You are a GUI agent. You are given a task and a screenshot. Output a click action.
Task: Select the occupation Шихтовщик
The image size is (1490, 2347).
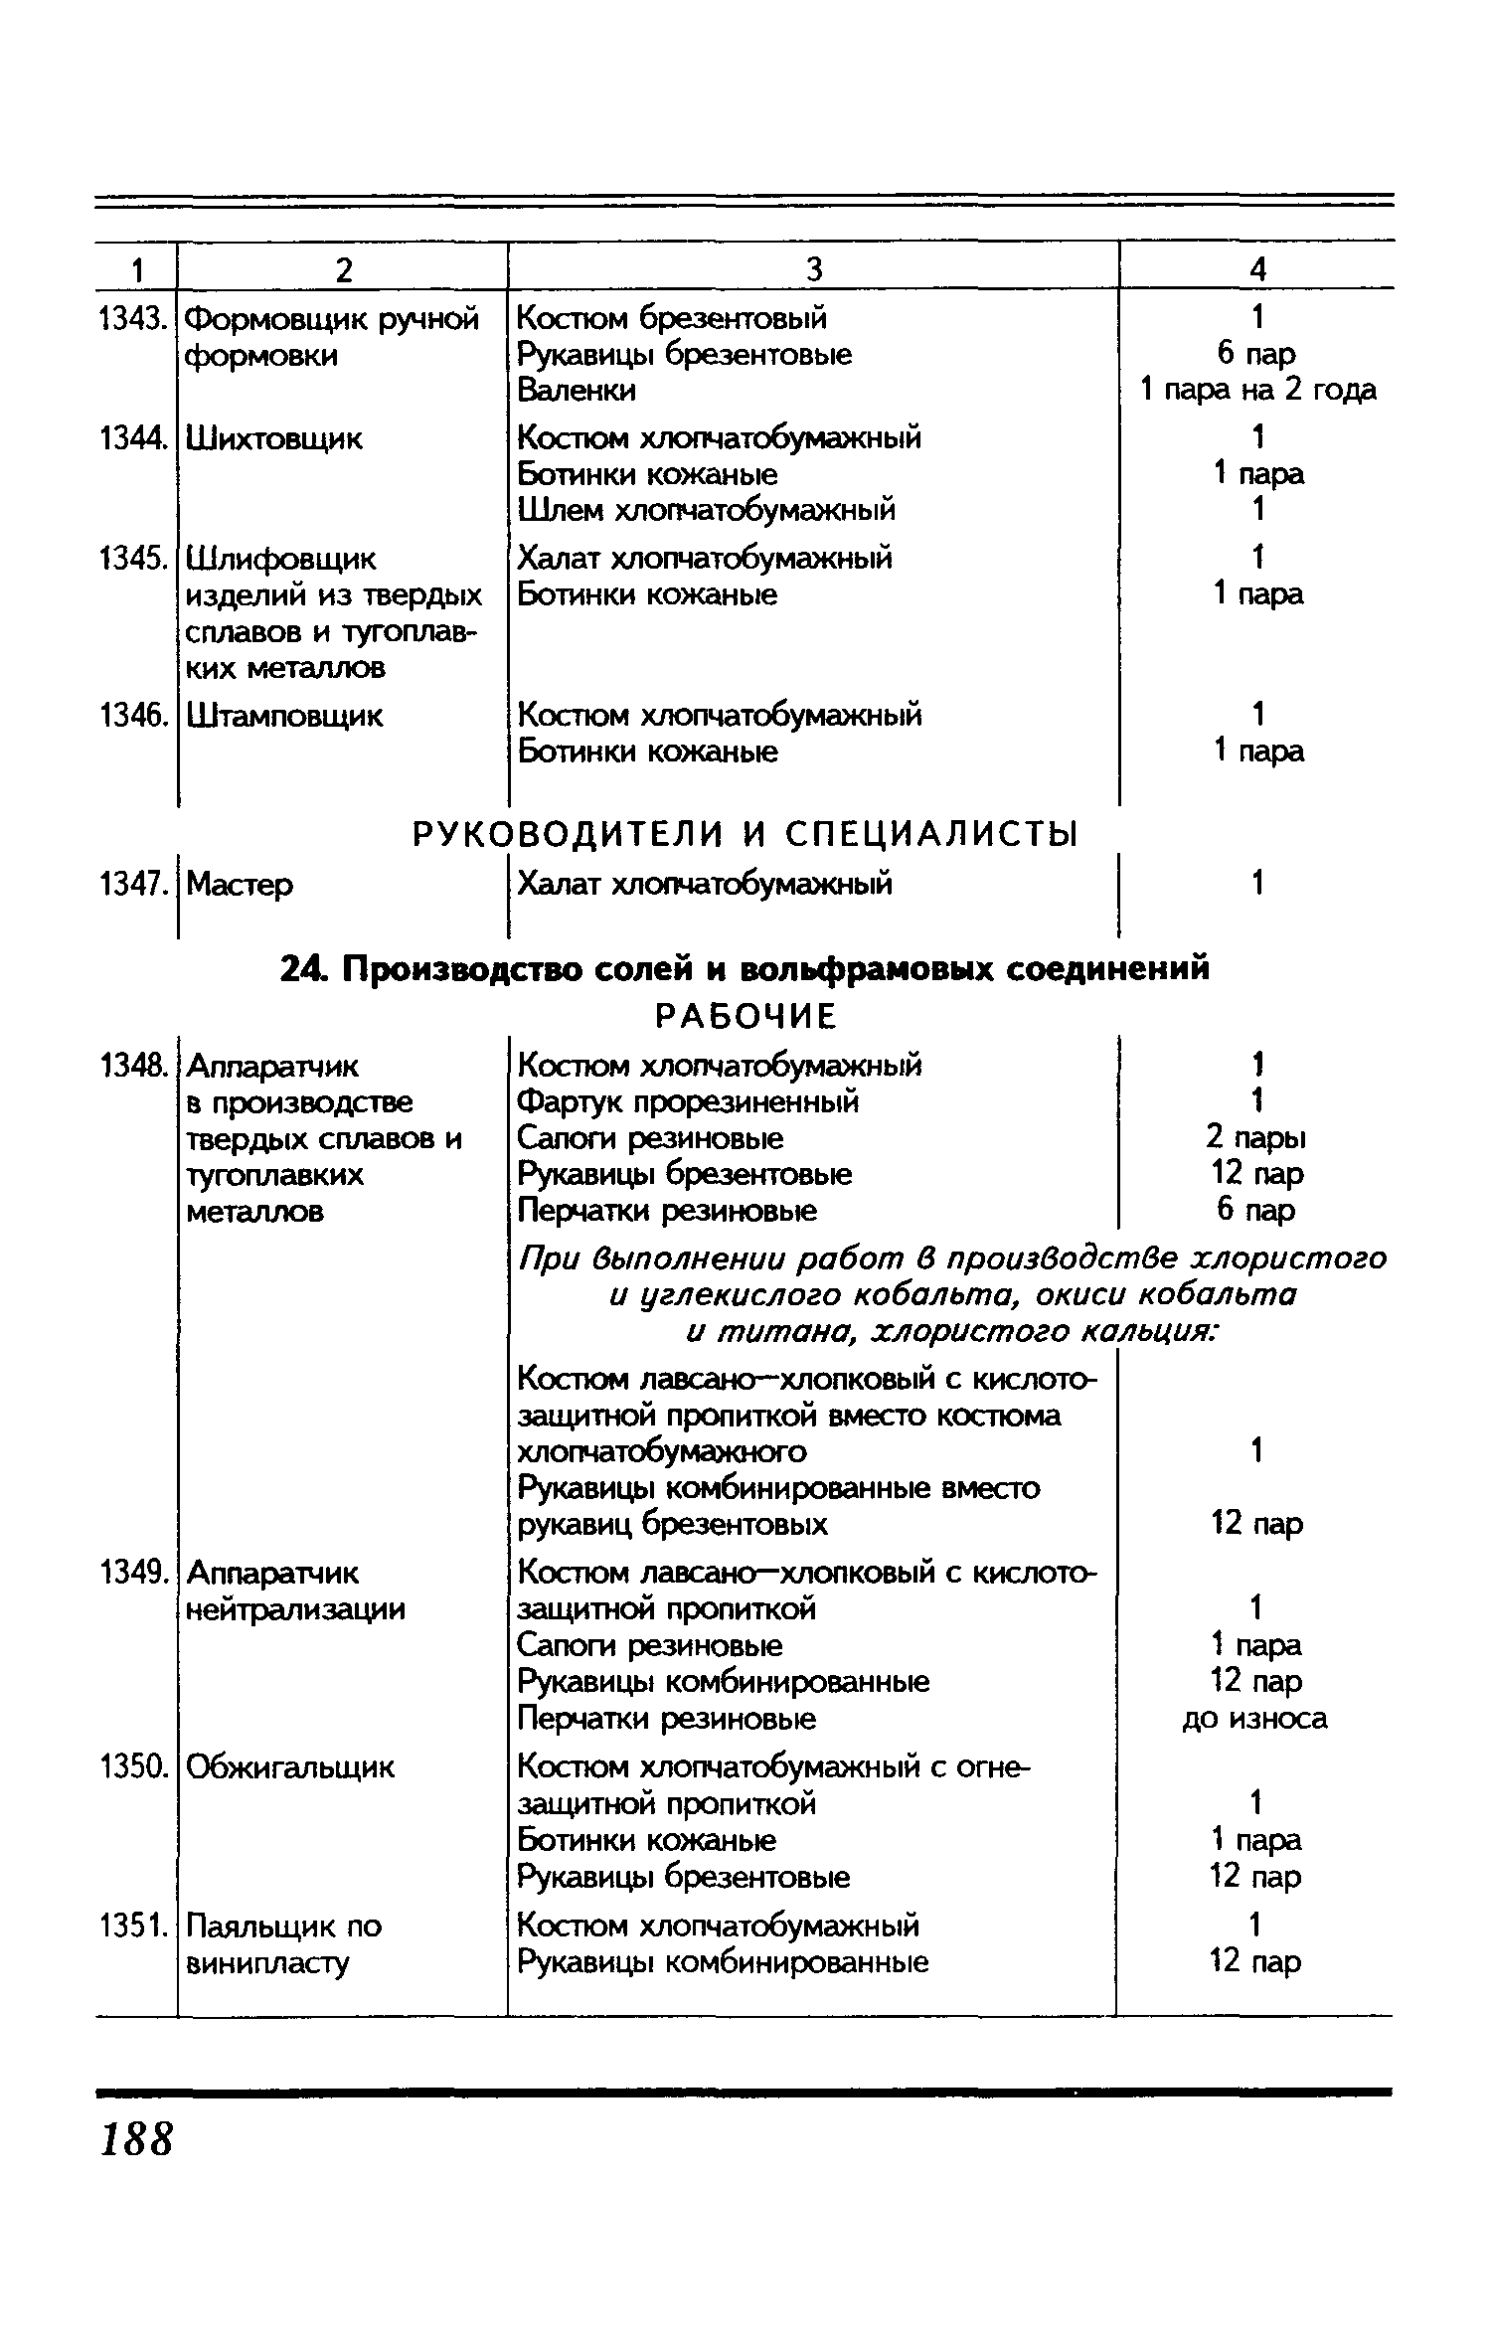(x=275, y=438)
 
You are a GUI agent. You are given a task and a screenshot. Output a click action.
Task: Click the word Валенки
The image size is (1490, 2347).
(x=577, y=391)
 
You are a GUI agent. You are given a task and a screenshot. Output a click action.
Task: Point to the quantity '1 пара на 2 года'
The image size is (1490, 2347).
(x=1257, y=390)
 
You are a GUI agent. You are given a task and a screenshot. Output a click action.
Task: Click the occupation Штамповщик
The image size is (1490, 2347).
(x=284, y=716)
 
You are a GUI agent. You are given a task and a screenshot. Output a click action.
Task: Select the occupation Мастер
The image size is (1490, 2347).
(x=240, y=884)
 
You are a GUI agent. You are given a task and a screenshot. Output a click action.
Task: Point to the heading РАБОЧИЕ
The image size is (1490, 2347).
(x=745, y=1015)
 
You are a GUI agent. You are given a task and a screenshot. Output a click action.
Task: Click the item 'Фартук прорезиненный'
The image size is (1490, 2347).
(x=689, y=1101)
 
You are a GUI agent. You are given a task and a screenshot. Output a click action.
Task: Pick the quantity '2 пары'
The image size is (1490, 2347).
(x=1256, y=1137)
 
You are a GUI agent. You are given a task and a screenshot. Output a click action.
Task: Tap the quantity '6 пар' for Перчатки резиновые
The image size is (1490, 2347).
(x=1256, y=1210)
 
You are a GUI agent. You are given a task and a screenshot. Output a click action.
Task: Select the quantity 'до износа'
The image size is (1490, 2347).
(x=1254, y=1719)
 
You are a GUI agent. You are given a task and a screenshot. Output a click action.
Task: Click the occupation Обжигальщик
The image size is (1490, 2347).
(x=290, y=1767)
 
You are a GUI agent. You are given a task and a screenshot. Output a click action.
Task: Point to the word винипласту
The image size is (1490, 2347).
(x=268, y=1963)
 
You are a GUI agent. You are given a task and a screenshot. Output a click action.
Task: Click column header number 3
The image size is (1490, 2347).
(x=813, y=268)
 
